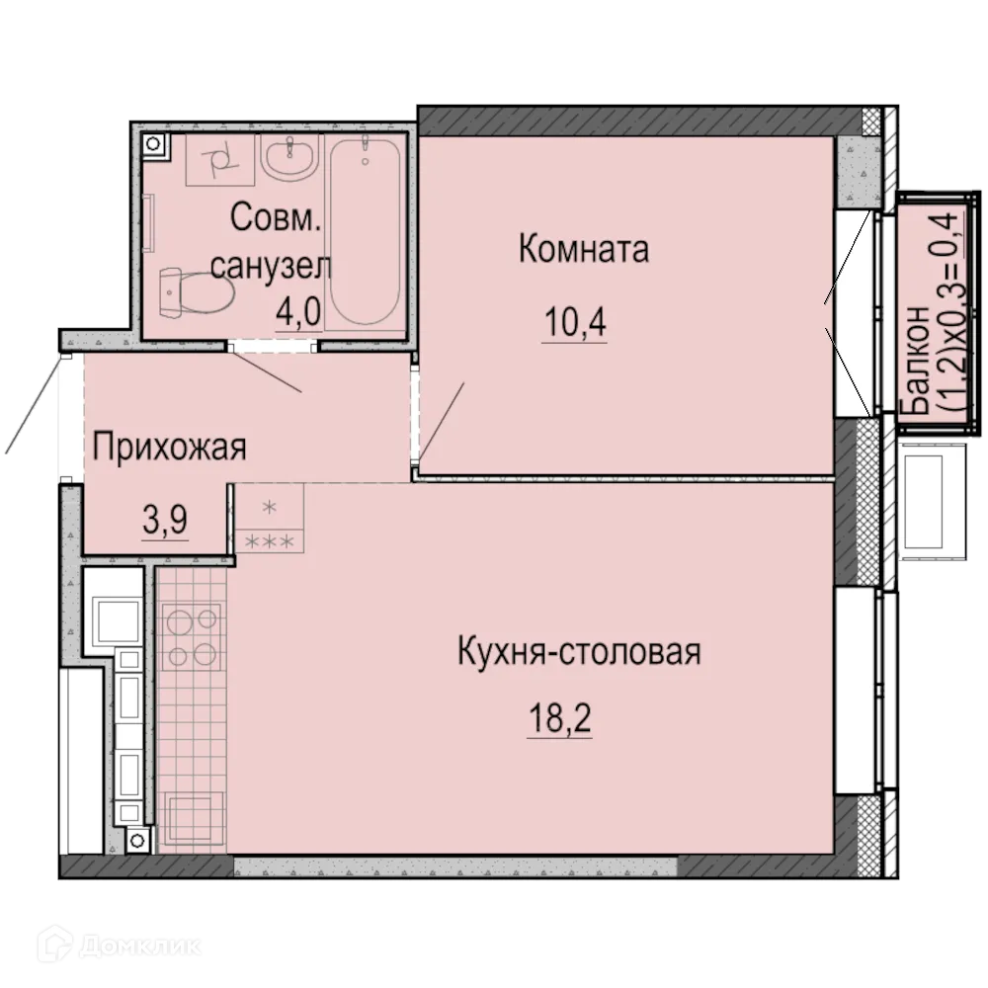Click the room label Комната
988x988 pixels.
pos(584,250)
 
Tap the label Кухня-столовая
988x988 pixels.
pos(579,652)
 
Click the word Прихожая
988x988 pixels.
pos(169,448)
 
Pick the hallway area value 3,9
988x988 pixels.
pos(166,522)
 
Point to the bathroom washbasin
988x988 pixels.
pos(289,157)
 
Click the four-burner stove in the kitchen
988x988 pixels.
pos(192,637)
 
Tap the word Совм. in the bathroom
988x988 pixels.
pos(277,217)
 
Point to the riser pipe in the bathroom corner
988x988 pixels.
pos(154,146)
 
